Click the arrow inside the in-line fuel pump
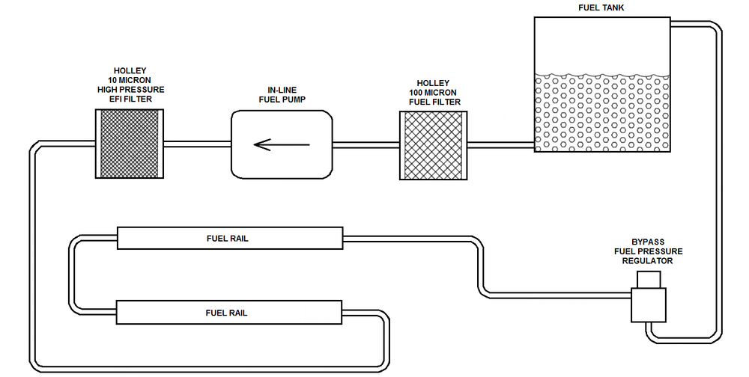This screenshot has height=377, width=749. (281, 144)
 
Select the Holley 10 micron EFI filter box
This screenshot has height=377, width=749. (130, 144)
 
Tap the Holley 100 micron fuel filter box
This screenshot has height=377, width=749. (433, 145)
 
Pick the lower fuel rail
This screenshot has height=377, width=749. (228, 312)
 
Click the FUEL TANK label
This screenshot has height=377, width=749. (601, 7)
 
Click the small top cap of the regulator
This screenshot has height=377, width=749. (648, 279)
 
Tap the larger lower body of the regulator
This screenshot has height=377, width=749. (649, 305)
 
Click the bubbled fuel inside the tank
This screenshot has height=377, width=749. (601, 112)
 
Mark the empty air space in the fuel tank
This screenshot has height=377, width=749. (601, 45)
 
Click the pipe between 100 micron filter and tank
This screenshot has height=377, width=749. (500, 144)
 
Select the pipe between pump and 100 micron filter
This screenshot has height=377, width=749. (366, 144)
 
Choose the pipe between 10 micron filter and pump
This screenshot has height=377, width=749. (196, 144)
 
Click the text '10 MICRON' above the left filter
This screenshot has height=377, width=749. (130, 80)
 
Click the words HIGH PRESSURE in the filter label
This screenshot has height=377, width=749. (130, 90)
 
